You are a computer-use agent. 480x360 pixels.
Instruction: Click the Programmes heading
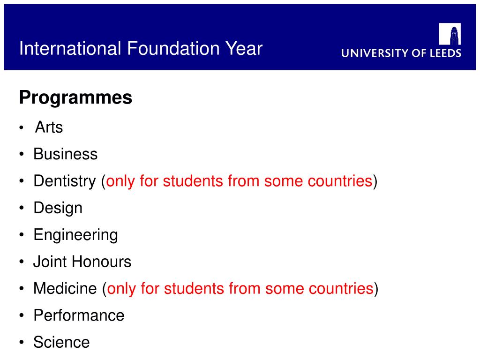pos(75,98)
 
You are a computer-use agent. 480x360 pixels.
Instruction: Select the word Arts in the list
pos(49,127)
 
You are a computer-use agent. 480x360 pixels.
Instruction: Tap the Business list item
pos(65,154)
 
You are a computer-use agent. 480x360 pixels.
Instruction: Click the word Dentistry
pos(64,181)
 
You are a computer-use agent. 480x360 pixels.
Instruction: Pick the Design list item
pos(58,208)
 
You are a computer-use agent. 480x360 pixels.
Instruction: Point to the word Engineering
pos(75,234)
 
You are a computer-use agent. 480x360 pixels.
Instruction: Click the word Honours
pos(101,262)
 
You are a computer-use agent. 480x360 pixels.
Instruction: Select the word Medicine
pos(65,288)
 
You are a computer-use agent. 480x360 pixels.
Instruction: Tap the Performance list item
pos(79,315)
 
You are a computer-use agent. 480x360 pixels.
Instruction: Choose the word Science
pos(61,342)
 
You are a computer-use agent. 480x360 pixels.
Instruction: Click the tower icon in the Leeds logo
pos(450,34)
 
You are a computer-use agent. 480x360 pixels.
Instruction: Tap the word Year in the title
pos(244,48)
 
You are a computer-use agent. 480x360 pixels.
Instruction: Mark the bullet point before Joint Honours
pos(22,262)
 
